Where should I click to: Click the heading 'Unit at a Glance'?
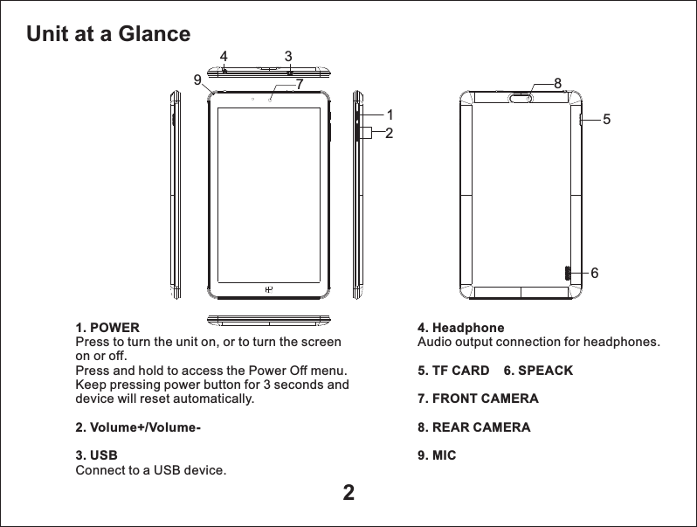point(108,34)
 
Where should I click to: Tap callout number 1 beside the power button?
point(390,114)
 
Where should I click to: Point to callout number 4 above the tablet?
point(224,57)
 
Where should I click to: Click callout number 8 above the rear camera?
point(557,82)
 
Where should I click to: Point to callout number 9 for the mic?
point(197,80)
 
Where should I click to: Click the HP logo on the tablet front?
point(270,288)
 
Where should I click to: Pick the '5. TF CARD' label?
point(453,371)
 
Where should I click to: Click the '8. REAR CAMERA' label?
point(474,427)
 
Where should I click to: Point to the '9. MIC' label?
point(437,456)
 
